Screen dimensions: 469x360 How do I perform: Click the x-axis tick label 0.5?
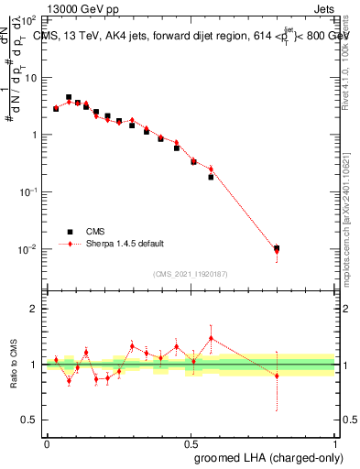pos(191,443)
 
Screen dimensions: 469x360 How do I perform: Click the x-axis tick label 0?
pos(47,443)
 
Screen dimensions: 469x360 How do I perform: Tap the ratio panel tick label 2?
pos(35,309)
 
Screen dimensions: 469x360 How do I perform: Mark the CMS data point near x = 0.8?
pos(277,248)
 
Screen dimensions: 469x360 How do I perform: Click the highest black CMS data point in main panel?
pos(69,97)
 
